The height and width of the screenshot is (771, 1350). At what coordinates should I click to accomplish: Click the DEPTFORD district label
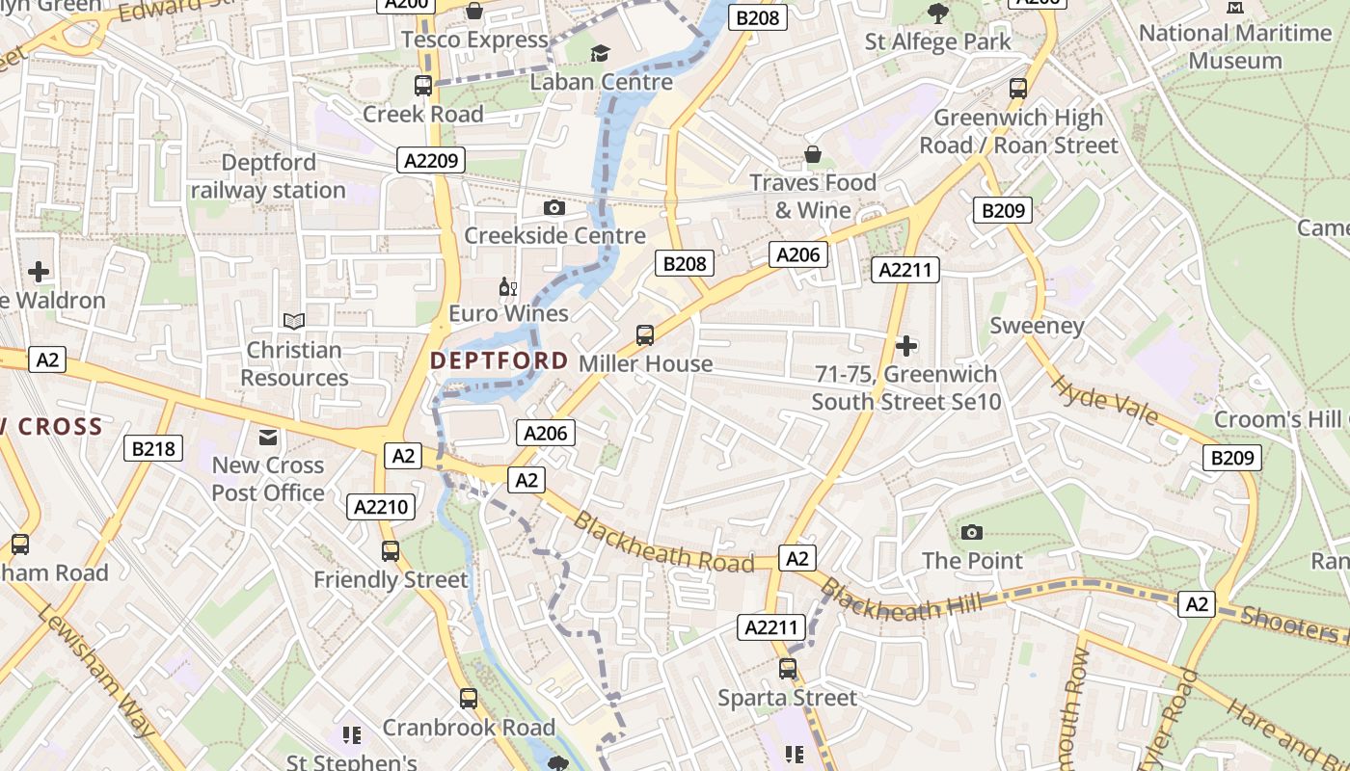click(x=499, y=360)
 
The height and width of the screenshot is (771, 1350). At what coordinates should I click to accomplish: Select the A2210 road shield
click(x=382, y=507)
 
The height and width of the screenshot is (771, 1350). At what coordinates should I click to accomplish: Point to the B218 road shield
click(x=153, y=448)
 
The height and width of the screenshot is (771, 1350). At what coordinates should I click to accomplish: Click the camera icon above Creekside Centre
click(x=554, y=207)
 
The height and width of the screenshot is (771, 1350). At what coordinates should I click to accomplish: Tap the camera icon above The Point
click(x=972, y=532)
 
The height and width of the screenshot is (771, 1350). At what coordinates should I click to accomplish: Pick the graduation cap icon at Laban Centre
click(x=601, y=53)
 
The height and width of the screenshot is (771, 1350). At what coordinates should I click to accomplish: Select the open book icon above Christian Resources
click(x=294, y=321)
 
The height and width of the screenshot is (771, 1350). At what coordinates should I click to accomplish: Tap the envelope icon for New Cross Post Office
click(x=268, y=439)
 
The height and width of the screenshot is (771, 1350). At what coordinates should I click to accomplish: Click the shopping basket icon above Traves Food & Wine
click(x=813, y=155)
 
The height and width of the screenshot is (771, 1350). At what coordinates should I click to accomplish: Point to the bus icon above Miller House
click(x=645, y=335)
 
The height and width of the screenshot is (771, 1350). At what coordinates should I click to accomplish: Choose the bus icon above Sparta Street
click(x=788, y=669)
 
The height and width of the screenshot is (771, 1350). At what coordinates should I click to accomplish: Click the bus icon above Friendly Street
click(x=391, y=551)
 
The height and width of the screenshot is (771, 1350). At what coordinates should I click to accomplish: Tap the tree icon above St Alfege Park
click(x=937, y=13)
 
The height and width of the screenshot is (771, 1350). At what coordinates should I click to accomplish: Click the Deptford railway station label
click(x=268, y=176)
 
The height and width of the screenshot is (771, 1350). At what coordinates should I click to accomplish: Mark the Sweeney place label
click(x=1038, y=326)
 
